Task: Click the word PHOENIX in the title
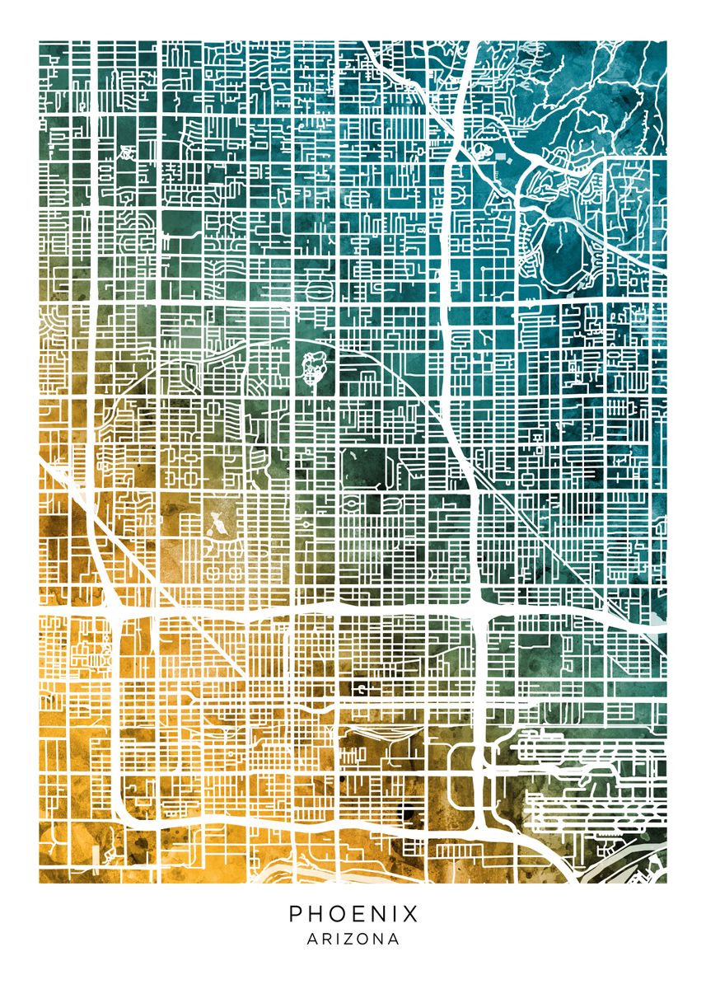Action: click(x=353, y=914)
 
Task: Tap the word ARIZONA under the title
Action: click(x=353, y=939)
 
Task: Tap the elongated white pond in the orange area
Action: click(x=216, y=523)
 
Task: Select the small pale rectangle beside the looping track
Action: click(x=502, y=153)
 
